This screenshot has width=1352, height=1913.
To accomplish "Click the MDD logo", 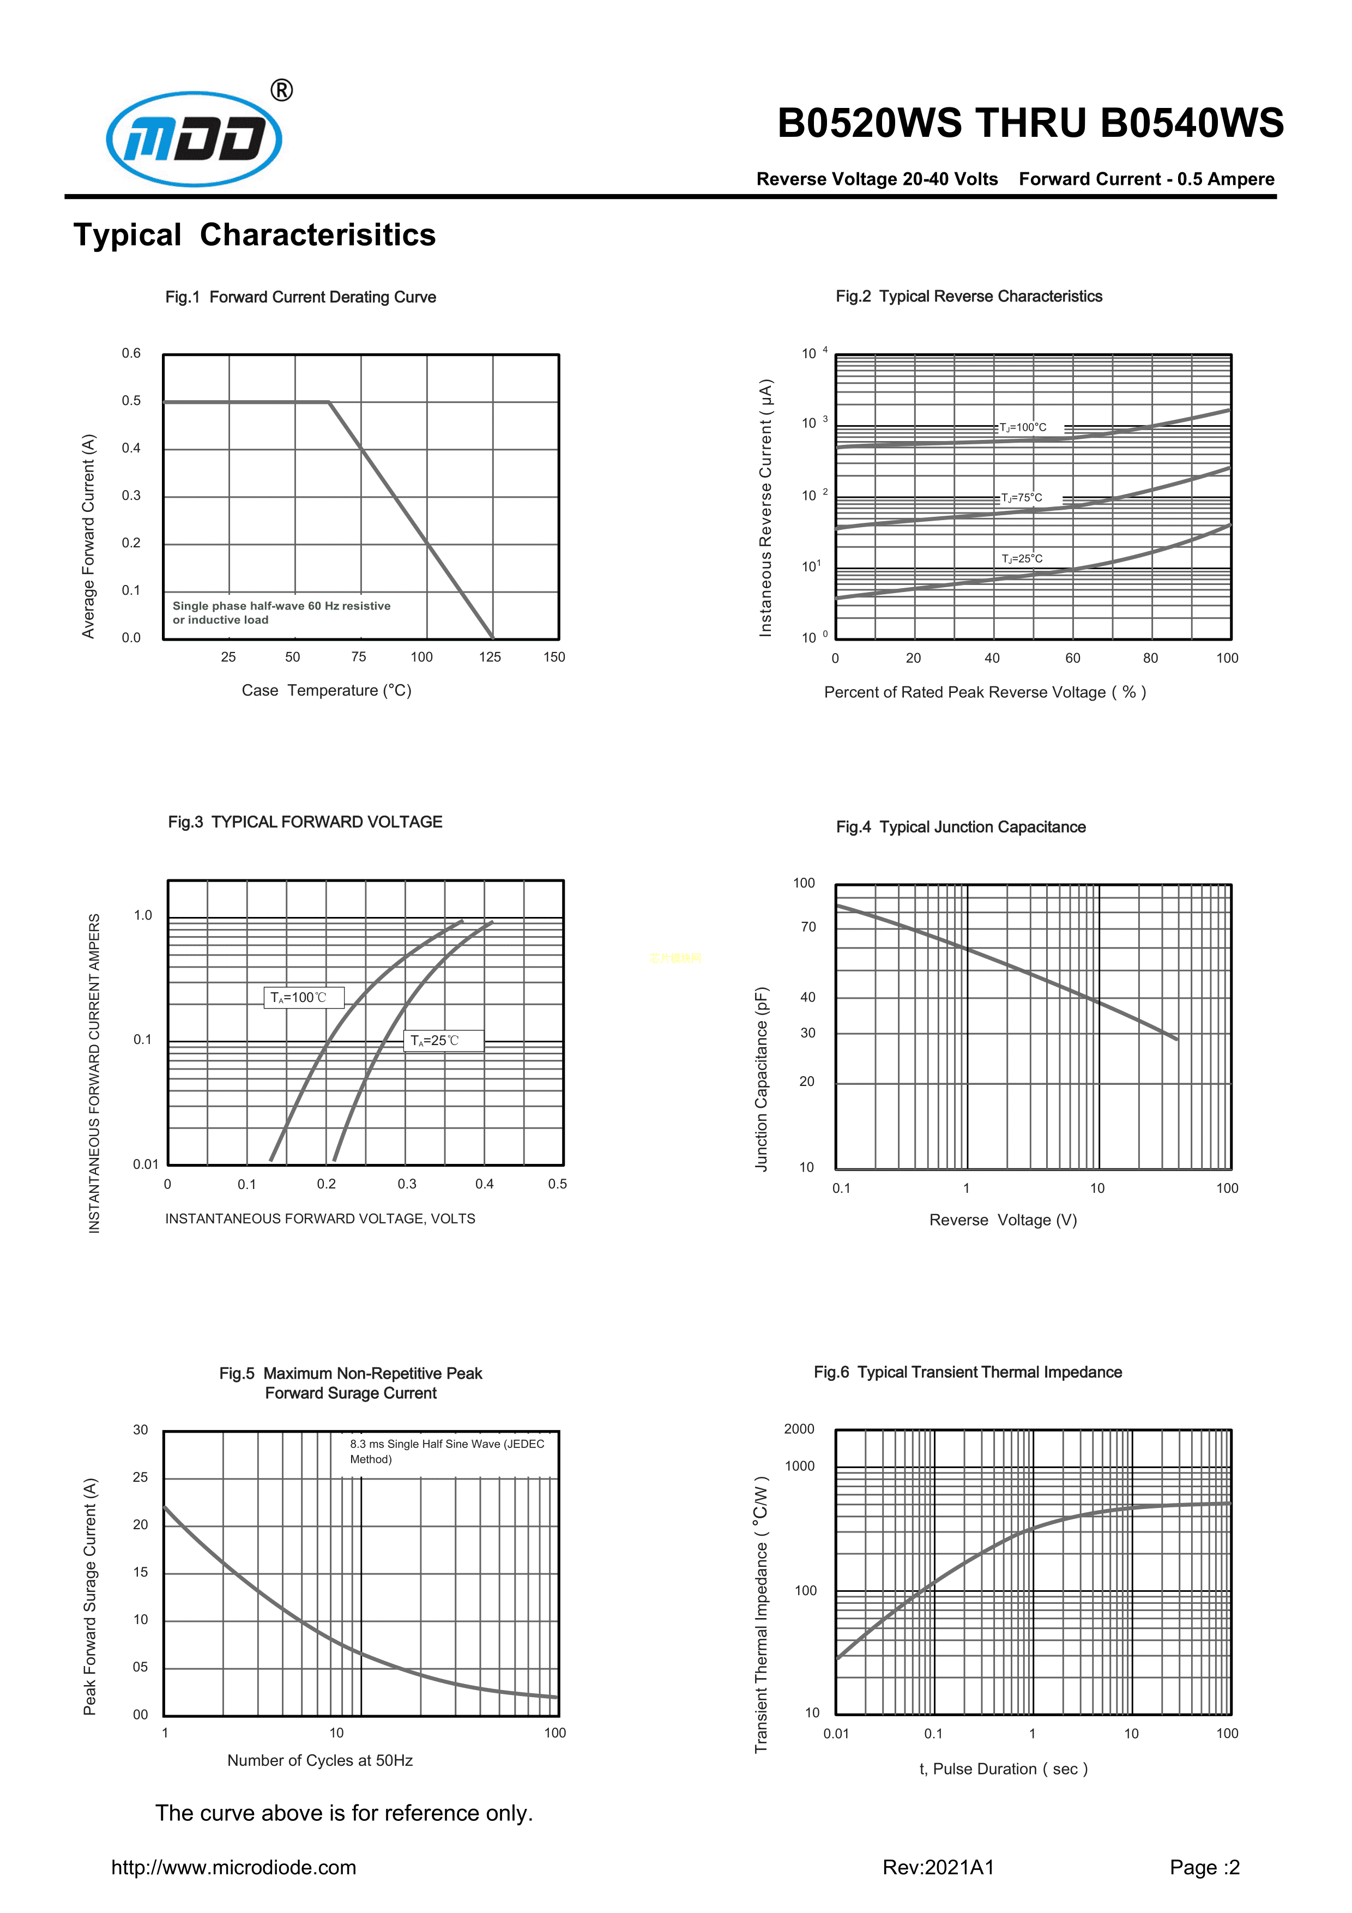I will (x=194, y=138).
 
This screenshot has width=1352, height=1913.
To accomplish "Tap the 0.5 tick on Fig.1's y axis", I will (x=131, y=401).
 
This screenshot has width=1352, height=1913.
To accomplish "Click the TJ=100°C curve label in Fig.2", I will (x=1023, y=427).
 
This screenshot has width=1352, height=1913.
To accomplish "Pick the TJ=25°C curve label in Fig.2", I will (x=1022, y=558).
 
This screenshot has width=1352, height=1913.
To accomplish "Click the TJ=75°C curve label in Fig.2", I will (x=1021, y=497).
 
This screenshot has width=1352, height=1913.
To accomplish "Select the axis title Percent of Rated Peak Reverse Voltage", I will (x=985, y=692).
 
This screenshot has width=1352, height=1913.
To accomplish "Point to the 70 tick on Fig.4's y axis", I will (x=808, y=926).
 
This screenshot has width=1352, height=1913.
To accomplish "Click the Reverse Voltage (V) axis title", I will (x=1003, y=1220).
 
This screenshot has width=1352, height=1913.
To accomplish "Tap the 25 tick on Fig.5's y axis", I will (x=140, y=1477).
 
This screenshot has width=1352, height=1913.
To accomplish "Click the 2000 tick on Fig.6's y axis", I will (x=799, y=1429).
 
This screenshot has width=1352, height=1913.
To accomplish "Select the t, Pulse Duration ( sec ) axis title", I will (x=1003, y=1769).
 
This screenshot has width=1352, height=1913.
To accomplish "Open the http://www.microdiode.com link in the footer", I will (x=234, y=1867).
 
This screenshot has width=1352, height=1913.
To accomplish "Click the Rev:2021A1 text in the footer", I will (x=938, y=1867).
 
